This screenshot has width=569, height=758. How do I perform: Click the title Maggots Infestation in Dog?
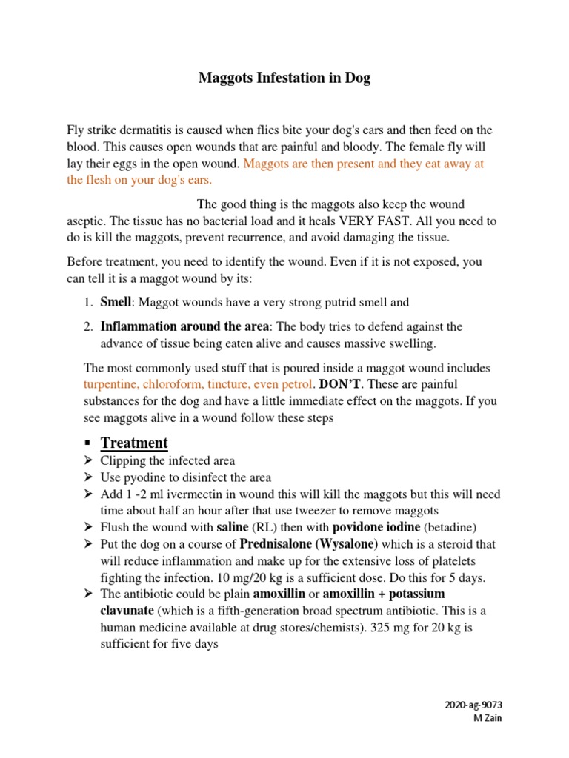click(284, 78)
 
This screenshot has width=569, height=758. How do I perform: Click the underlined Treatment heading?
click(134, 443)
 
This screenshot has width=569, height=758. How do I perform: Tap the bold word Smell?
click(116, 302)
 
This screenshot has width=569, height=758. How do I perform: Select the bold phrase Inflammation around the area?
click(185, 326)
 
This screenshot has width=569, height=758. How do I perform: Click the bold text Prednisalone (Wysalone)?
click(308, 544)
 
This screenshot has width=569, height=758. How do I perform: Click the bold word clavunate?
click(127, 611)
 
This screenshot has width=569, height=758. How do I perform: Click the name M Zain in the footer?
click(487, 719)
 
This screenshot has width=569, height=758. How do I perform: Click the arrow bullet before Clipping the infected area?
click(87, 460)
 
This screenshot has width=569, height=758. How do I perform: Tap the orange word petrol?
click(299, 385)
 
